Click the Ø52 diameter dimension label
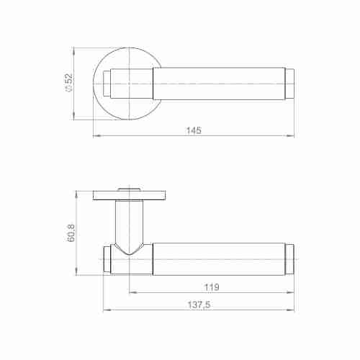coord(68,83)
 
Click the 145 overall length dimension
coord(194,130)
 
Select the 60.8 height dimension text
coord(71,233)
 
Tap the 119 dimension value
coord(212,287)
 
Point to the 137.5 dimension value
coord(199,305)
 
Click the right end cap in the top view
coord(290,84)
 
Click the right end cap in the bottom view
coord(290,259)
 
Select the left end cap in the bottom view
coord(107,259)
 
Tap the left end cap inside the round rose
coord(107,84)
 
